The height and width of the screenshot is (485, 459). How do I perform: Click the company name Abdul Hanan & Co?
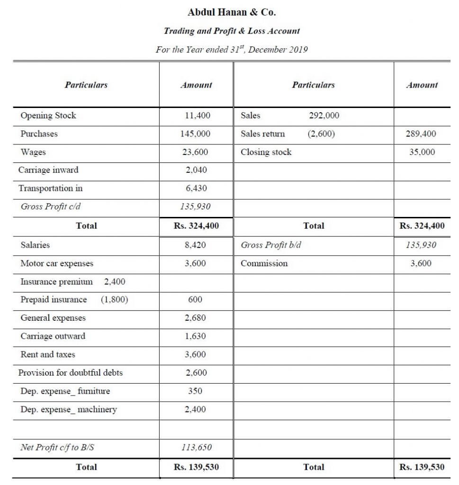tap(232, 12)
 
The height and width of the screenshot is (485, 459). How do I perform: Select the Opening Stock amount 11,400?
tap(196, 116)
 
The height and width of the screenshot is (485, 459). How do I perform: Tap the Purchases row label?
tap(39, 134)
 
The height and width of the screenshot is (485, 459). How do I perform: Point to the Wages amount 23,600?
tap(196, 152)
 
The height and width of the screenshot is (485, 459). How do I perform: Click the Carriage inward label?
tap(48, 170)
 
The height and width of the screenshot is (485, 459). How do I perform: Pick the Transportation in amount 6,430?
tap(196, 189)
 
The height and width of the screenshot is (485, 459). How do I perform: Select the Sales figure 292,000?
tap(324, 116)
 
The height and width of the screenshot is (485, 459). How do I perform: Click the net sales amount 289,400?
tap(421, 134)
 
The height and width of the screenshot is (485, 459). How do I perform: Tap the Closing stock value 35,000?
tap(422, 152)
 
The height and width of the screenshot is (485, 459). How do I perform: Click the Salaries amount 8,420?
tap(196, 245)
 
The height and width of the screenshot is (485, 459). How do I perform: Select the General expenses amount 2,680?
tap(196, 318)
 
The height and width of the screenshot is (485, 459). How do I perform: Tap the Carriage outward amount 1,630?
tap(196, 336)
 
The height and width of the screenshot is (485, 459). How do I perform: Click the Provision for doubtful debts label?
tap(70, 373)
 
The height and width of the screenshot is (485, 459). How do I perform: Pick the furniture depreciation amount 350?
tap(195, 391)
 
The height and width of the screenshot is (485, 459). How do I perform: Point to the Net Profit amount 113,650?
tap(196, 447)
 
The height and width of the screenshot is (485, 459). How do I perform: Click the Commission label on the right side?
tap(264, 263)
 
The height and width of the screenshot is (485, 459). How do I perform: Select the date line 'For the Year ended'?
tap(232, 49)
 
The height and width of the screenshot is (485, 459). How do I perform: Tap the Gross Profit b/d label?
tap(271, 245)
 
